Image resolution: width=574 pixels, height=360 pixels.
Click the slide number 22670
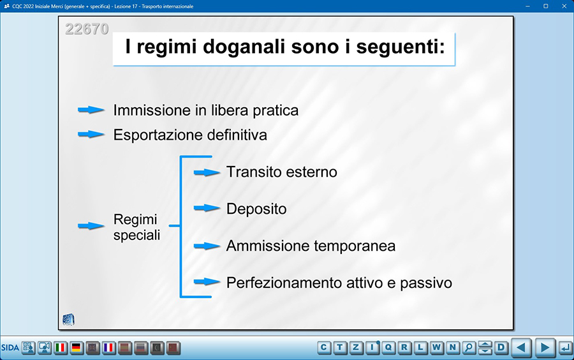click(87, 29)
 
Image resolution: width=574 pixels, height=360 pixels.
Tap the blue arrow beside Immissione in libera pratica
click(91, 110)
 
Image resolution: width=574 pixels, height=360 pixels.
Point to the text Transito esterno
click(281, 172)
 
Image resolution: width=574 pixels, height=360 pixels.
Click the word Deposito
click(256, 209)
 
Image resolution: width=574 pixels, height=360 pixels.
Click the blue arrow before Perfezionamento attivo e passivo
click(207, 281)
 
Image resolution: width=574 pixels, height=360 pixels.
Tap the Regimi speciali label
click(136, 227)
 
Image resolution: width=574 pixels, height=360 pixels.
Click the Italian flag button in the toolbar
click(61, 347)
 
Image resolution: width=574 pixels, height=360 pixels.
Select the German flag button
click(77, 347)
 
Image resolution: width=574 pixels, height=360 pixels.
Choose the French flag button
click(108, 347)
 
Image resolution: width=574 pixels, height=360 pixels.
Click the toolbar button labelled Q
click(388, 347)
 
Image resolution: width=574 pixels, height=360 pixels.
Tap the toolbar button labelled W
click(436, 347)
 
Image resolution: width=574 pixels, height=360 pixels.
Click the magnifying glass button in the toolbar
click(469, 347)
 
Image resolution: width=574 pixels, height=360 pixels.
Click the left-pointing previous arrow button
click(521, 347)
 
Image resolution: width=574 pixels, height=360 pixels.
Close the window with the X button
click(564, 6)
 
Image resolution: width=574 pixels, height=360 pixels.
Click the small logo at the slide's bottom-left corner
click(68, 320)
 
